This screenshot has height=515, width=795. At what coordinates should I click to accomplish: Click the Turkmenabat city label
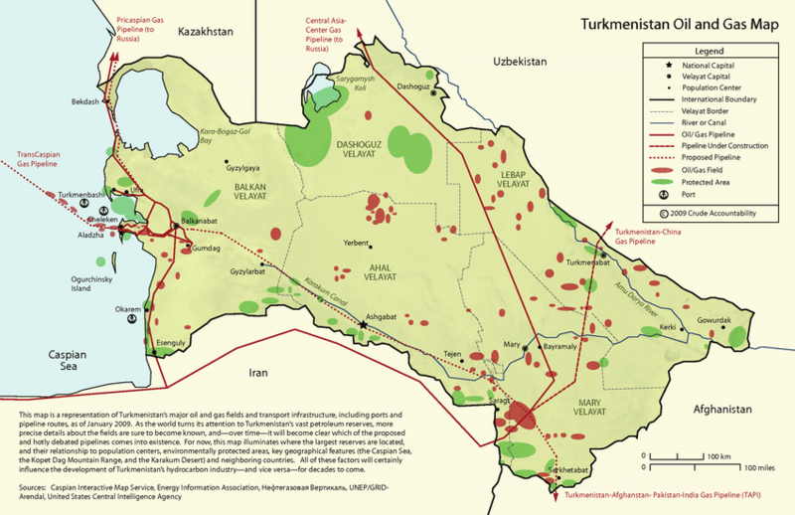(587, 263)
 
